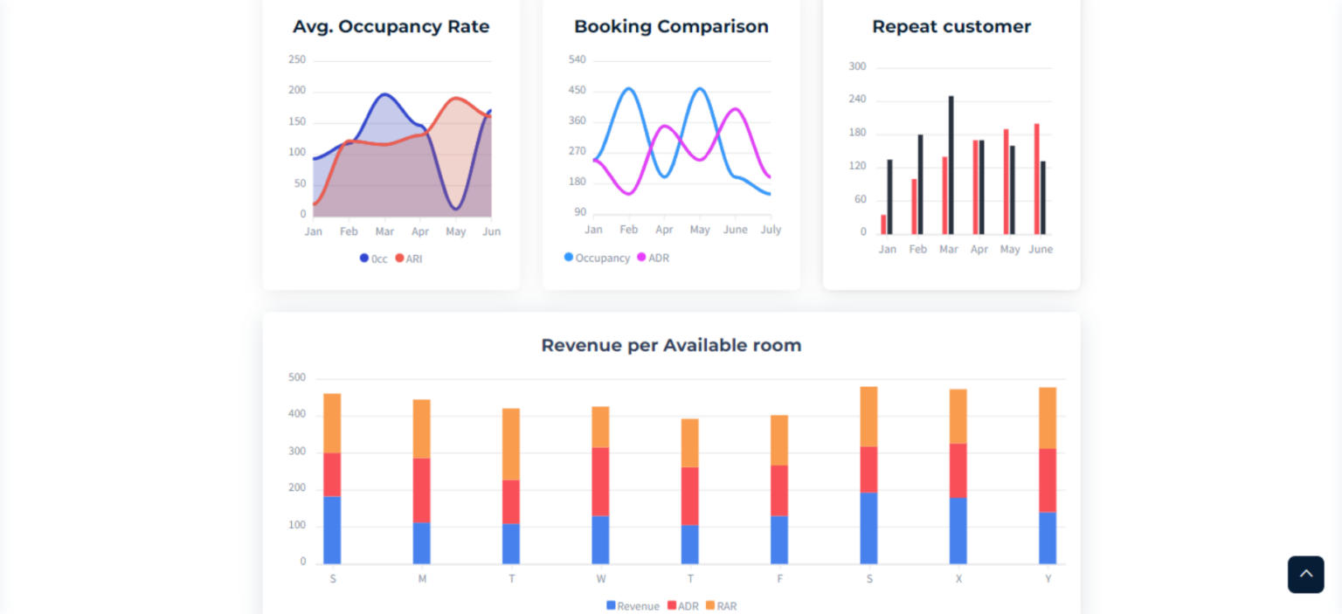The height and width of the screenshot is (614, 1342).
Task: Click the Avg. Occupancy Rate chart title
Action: [391, 27]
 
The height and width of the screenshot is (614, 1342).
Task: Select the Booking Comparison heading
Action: [671, 27]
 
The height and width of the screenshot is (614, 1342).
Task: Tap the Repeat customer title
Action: [951, 27]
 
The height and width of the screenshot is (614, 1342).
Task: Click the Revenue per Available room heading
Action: [671, 345]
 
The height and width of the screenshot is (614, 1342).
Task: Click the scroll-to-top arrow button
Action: [1305, 574]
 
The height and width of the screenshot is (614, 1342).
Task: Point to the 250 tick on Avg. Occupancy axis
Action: [297, 59]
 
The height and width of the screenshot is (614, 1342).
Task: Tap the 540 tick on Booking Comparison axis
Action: [577, 59]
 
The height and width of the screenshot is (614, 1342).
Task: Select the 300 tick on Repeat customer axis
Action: [857, 66]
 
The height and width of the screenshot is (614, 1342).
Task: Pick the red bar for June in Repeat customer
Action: [1037, 178]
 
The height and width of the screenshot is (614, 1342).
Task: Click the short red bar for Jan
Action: [883, 224]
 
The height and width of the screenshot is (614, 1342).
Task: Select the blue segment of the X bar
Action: [958, 530]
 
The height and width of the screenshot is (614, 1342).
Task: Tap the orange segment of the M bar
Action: [422, 428]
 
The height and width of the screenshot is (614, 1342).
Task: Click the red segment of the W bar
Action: [600, 481]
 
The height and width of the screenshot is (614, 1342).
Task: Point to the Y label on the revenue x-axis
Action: [1048, 579]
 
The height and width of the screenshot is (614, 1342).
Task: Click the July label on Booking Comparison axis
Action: [770, 230]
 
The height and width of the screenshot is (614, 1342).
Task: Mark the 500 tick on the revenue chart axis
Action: [297, 377]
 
